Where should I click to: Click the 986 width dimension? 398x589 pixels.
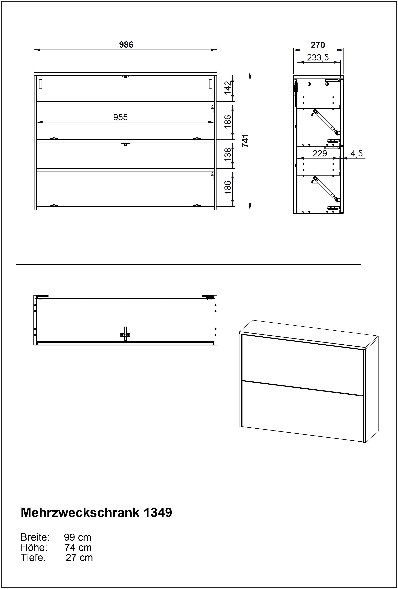[x=126, y=45]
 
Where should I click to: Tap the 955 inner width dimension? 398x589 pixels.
[x=120, y=117]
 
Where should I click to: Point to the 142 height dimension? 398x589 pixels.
[x=228, y=87]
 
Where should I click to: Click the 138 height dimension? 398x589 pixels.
[x=228, y=154]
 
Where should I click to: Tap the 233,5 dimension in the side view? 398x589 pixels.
[x=318, y=58]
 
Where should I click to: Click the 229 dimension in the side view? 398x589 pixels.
[x=320, y=154]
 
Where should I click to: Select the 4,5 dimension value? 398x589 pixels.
[x=357, y=154]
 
